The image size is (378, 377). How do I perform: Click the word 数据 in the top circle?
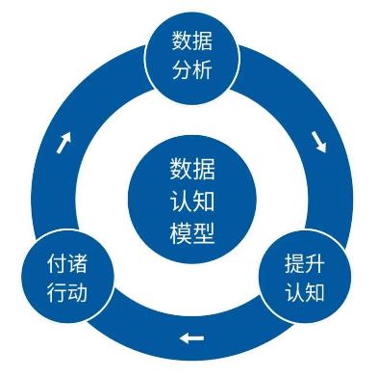pos(191,41)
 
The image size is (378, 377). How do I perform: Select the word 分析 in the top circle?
pos(191,71)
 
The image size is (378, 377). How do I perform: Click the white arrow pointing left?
pos(191,338)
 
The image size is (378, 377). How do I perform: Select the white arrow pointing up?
pos(64,143)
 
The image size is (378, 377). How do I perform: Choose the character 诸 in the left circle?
pos(86,263)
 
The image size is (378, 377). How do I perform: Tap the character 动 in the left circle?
pos(86,292)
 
